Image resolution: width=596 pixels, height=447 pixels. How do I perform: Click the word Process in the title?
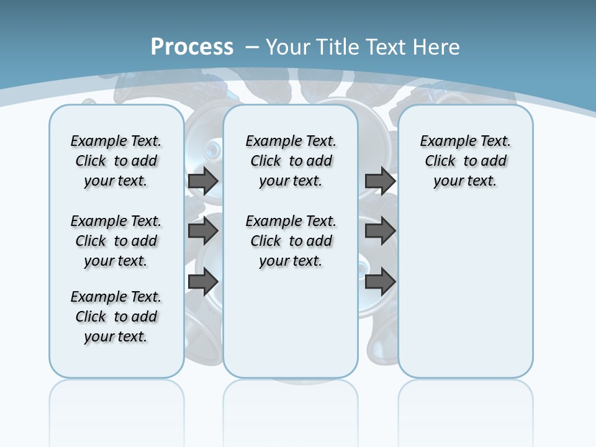(192, 47)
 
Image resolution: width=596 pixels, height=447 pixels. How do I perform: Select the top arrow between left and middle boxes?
(203, 181)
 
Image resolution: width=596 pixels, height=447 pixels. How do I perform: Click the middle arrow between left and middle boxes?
(203, 232)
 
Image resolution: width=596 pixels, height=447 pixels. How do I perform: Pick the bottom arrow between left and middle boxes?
(203, 282)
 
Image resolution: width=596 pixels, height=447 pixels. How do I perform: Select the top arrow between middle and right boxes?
(380, 181)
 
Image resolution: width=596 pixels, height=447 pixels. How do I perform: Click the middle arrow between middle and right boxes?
(380, 232)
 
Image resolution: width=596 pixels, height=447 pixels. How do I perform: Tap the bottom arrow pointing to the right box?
(380, 282)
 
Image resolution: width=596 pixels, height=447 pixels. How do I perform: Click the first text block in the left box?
(116, 161)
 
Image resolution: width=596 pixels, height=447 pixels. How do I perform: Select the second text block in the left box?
(116, 241)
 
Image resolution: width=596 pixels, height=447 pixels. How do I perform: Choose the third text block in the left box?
(116, 317)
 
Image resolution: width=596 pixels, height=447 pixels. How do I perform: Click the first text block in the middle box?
(291, 161)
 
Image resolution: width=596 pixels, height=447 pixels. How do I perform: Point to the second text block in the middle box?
(291, 241)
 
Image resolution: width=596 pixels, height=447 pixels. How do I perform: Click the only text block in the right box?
(465, 161)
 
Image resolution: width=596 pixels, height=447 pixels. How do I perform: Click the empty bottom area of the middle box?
(291, 329)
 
